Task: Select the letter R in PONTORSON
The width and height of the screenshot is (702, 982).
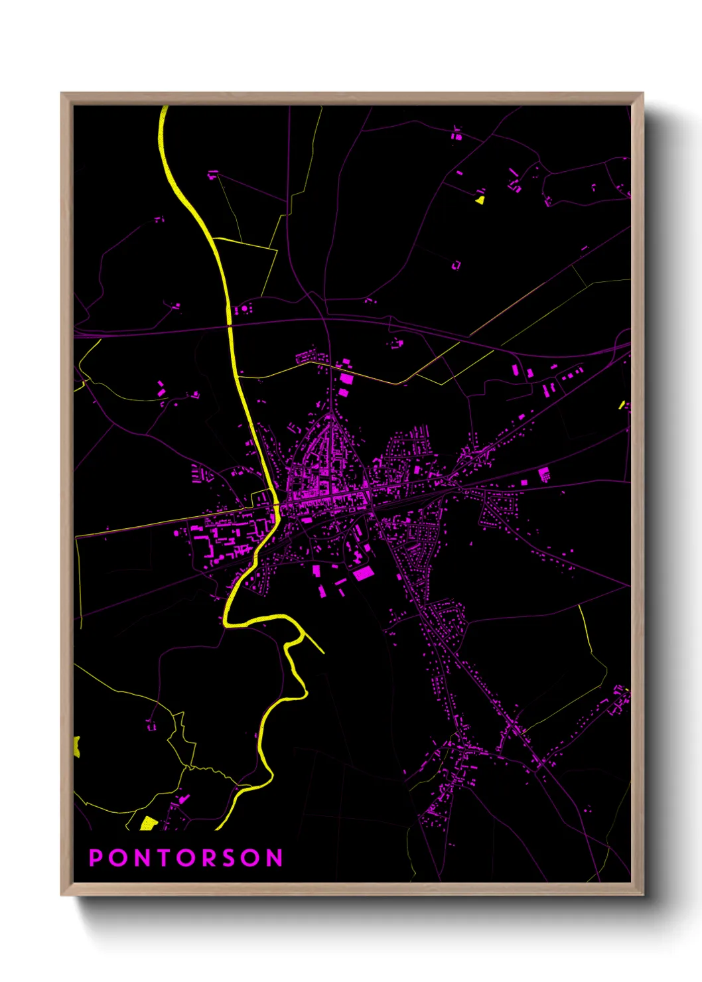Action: point(207,858)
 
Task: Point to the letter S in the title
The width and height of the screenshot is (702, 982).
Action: point(229,858)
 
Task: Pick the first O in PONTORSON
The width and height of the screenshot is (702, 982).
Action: point(117,858)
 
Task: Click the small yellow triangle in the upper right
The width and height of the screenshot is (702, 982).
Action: point(480,198)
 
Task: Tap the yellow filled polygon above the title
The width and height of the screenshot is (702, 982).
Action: point(149,823)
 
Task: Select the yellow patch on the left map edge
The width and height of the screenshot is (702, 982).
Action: point(76,746)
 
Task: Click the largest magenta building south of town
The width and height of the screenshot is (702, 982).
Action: point(362,573)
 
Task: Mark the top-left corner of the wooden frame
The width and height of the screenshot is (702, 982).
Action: point(62,94)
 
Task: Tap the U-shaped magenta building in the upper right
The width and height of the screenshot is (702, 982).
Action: point(456,265)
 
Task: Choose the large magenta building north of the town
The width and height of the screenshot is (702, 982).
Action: point(346,380)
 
